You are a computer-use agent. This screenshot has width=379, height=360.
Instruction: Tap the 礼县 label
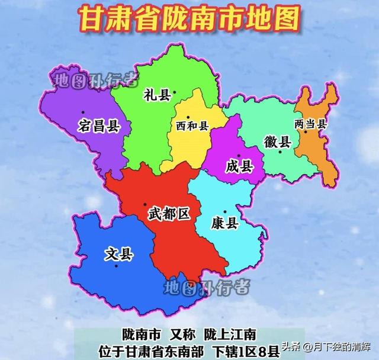[x=156, y=95]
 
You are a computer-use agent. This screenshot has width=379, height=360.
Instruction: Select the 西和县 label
[x=192, y=126]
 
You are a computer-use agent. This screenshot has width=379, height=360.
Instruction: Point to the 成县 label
[x=239, y=166]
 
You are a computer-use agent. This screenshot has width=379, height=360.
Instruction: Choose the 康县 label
[x=224, y=223]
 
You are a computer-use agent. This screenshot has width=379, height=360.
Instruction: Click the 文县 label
[x=118, y=255]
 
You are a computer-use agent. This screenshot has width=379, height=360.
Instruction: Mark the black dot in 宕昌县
[x=83, y=112]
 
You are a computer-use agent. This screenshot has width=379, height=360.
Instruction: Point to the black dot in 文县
[x=117, y=266]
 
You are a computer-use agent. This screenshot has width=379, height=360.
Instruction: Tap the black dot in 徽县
[x=281, y=152]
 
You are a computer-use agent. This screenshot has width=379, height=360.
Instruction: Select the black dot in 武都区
[x=146, y=205]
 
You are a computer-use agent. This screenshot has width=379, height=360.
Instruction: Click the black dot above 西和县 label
[x=187, y=117]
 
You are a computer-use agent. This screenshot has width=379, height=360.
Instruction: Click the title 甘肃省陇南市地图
[x=189, y=20]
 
